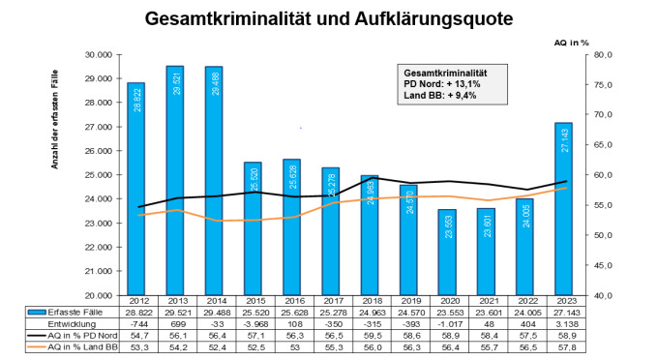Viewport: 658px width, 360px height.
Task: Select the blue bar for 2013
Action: pyautogui.click(x=175, y=184)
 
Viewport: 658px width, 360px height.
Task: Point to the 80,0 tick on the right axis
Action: pyautogui.click(x=603, y=55)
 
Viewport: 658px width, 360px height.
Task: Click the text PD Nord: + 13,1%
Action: pyautogui.click(x=440, y=85)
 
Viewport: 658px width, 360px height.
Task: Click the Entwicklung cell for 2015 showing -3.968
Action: pyautogui.click(x=254, y=325)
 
